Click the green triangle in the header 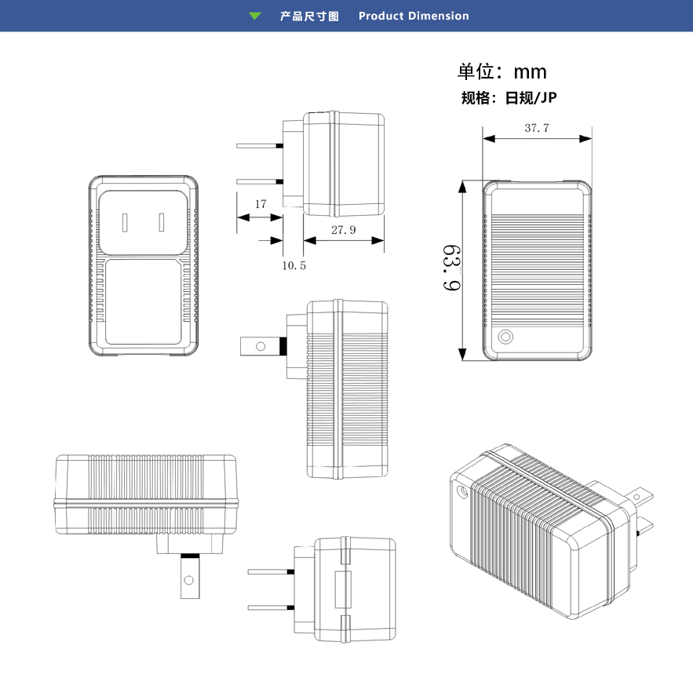click(254, 16)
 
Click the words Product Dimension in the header click(414, 16)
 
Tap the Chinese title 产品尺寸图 click(309, 16)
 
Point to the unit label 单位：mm click(502, 72)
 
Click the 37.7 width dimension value click(537, 128)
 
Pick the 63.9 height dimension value click(450, 268)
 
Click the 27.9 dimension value click(343, 230)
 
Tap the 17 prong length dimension click(261, 204)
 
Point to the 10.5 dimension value click(294, 266)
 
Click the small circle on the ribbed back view click(505, 338)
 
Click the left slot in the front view click(125, 222)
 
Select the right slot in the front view click(161, 222)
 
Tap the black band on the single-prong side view click(280, 345)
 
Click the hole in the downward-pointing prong click(188, 581)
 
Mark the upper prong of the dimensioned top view click(260, 145)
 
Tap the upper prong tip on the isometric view click(644, 494)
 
